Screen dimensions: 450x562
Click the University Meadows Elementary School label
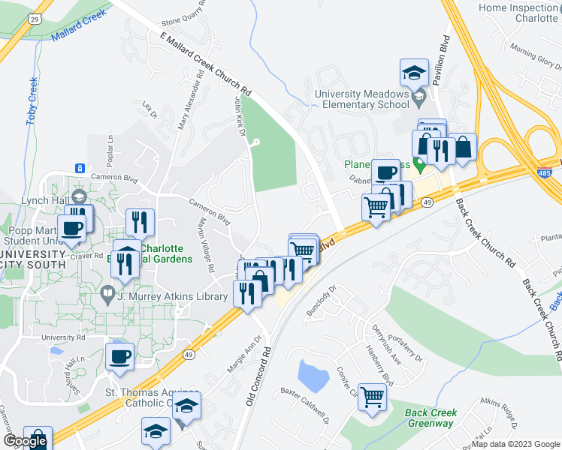362,100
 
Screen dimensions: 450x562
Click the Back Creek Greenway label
430,418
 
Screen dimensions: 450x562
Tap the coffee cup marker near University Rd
120,357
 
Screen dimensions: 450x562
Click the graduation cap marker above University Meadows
413,73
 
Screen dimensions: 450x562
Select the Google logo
25,441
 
